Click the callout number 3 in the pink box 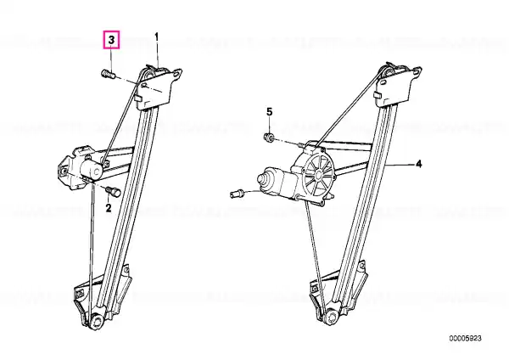[x=111, y=40]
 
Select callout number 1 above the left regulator [x=157, y=37]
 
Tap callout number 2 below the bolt [x=109, y=208]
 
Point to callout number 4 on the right [x=419, y=164]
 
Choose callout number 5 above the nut [x=270, y=112]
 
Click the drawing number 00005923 [x=465, y=338]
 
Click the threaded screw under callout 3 [x=109, y=75]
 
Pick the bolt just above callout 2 [x=114, y=191]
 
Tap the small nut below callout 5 [x=268, y=137]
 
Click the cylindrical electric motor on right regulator [x=272, y=181]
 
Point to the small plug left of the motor [x=238, y=194]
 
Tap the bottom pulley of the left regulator [x=97, y=323]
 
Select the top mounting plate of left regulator [x=158, y=87]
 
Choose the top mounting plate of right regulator [x=399, y=86]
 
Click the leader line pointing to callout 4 [x=400, y=165]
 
